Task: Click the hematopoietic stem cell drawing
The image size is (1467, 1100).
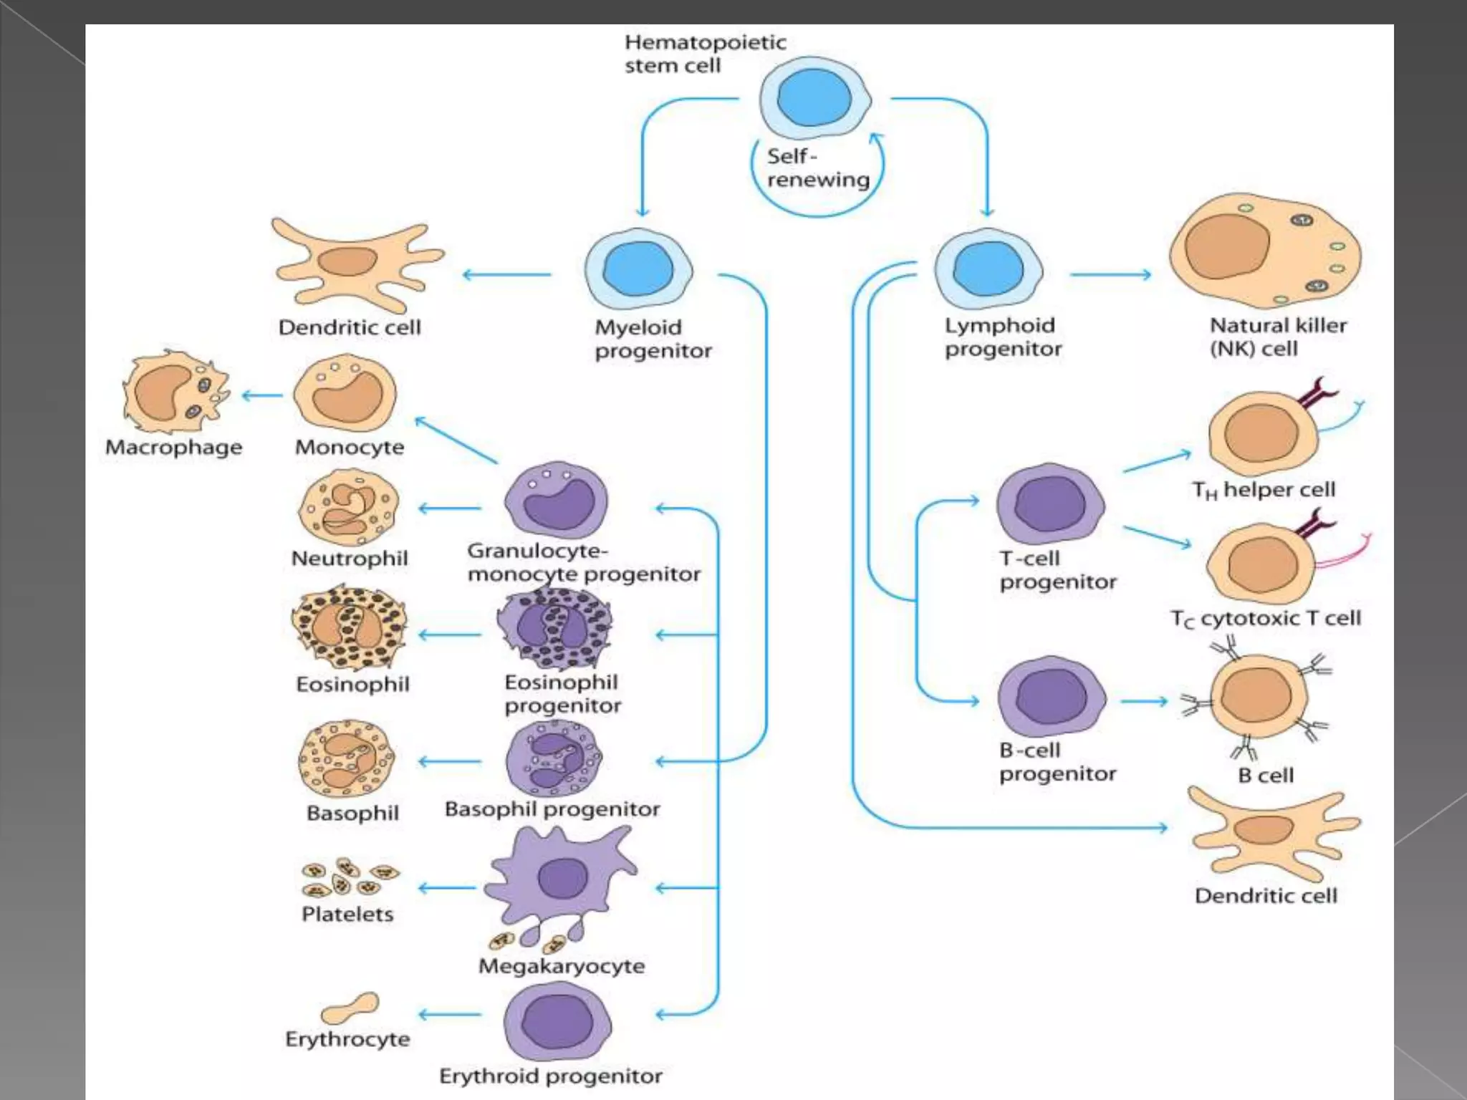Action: (x=814, y=99)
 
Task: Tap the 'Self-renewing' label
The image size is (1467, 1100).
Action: (x=817, y=168)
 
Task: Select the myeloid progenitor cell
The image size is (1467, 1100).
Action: (x=638, y=271)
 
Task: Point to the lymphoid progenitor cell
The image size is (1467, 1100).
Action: (x=989, y=269)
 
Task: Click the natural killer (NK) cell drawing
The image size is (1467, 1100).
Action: (x=1264, y=254)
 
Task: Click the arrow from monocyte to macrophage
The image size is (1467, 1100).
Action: (x=262, y=395)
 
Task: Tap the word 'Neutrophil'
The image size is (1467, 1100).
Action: (x=350, y=559)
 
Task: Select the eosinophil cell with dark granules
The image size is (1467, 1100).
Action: (x=349, y=628)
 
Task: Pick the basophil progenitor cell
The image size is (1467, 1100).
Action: (x=554, y=759)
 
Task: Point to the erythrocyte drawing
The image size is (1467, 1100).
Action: (x=350, y=1008)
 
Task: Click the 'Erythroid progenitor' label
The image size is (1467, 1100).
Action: (x=550, y=1076)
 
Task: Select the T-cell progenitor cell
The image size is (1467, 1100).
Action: (x=1050, y=503)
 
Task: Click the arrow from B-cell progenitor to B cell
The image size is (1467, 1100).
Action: (x=1144, y=701)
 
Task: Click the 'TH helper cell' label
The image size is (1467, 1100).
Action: (x=1264, y=490)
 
